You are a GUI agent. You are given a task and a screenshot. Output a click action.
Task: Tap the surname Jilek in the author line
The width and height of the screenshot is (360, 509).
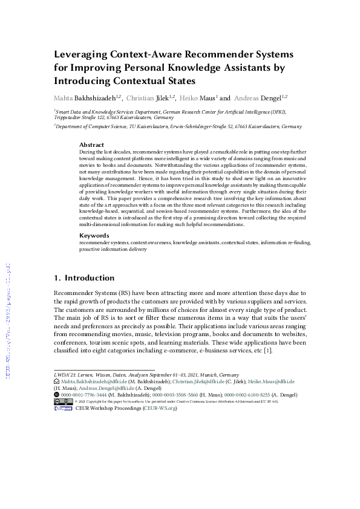pyautogui.click(x=160, y=97)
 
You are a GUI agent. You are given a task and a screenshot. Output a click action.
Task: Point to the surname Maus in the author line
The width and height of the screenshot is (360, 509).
pyautogui.click(x=206, y=97)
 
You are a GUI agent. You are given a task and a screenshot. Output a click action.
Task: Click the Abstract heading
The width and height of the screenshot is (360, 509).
pyautogui.click(x=92, y=145)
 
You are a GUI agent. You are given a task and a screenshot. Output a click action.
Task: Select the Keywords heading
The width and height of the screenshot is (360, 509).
pyautogui.click(x=94, y=236)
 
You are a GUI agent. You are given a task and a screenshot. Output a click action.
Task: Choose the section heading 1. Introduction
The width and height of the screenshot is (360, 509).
pyautogui.click(x=84, y=278)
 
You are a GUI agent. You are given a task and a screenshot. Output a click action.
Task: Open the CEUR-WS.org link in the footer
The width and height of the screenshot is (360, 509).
pyautogui.click(x=160, y=409)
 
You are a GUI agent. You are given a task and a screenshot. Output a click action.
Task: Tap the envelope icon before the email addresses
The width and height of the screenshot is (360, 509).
pyautogui.click(x=57, y=382)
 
